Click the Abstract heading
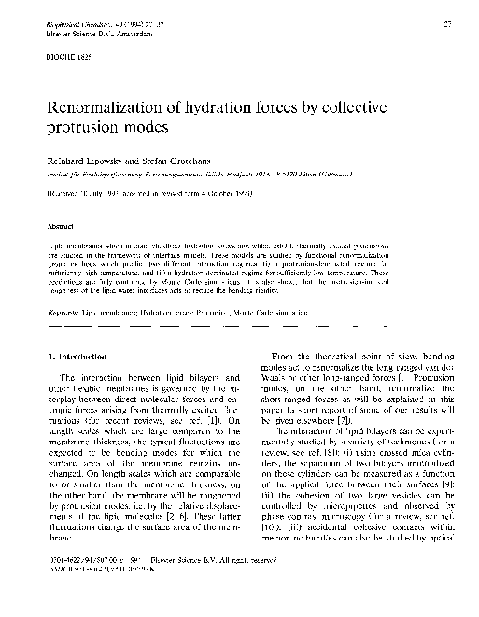[x=60, y=225]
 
